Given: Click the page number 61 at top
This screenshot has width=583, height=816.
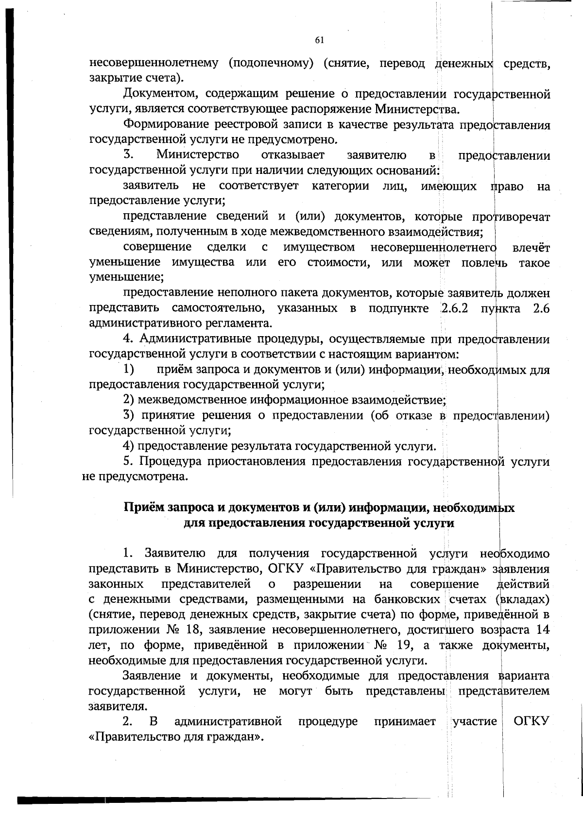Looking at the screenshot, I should (x=319, y=40).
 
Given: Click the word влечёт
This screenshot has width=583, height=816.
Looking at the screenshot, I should (x=531, y=247).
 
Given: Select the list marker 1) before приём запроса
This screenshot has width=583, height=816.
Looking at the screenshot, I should (x=129, y=370).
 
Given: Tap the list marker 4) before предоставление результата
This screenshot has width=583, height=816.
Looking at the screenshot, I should (x=129, y=445).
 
